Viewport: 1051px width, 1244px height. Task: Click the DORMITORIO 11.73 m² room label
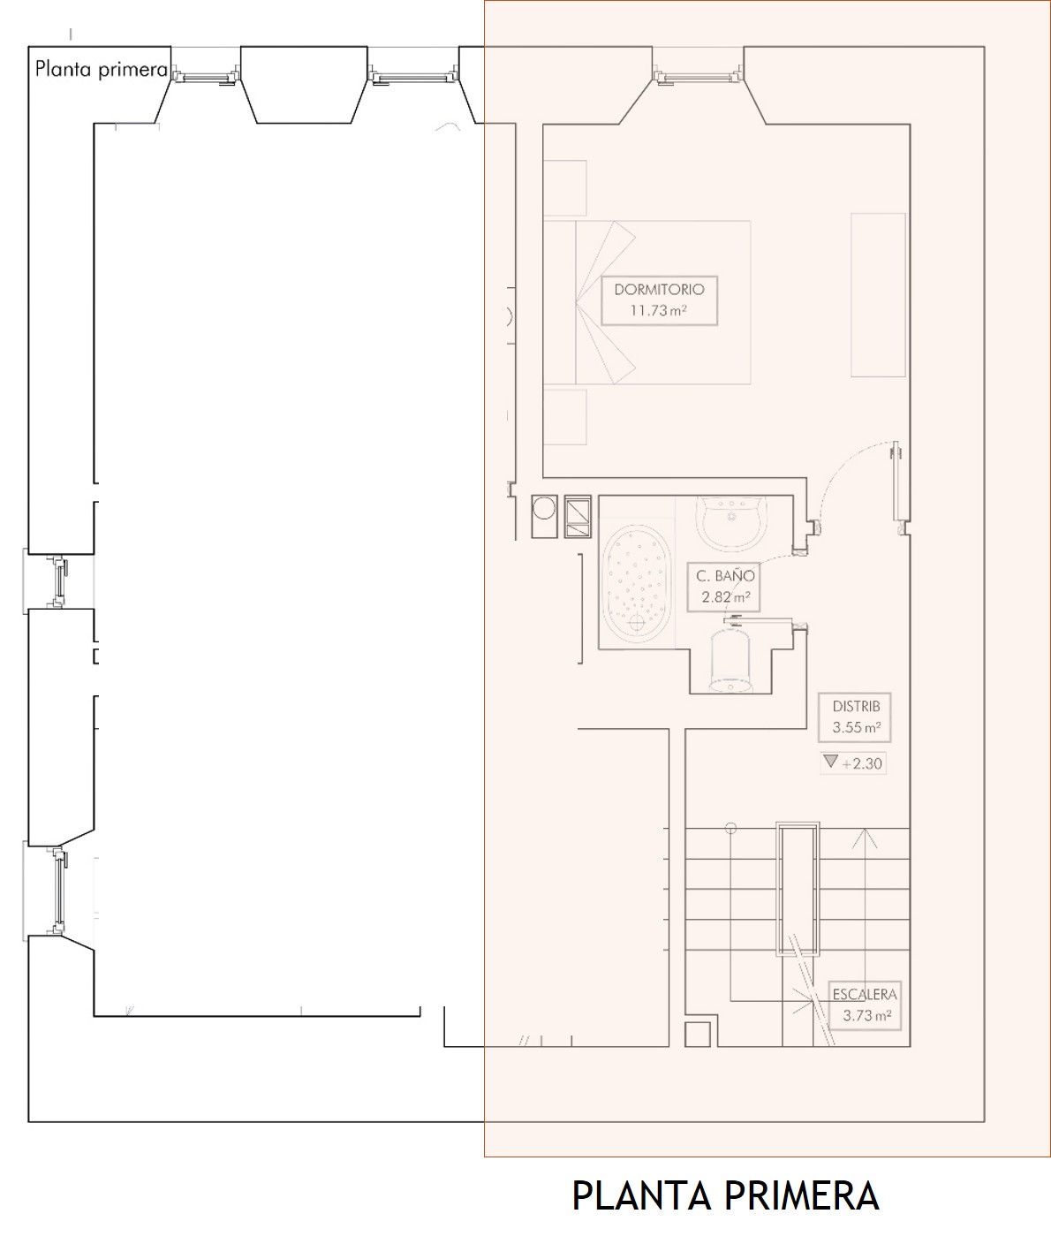pyautogui.click(x=659, y=300)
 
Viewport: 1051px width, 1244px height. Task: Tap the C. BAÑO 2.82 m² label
pyautogui.click(x=725, y=586)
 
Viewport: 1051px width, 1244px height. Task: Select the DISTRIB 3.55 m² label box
pyautogui.click(x=854, y=717)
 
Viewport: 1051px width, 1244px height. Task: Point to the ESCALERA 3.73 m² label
pyautogui.click(x=865, y=1005)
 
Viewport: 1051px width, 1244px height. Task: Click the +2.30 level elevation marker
pyautogui.click(x=853, y=763)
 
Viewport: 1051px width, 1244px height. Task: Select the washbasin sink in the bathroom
pyautogui.click(x=731, y=522)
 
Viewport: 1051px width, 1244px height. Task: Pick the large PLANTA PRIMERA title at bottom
pyautogui.click(x=725, y=1195)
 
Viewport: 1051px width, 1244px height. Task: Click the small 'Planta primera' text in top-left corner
pyautogui.click(x=101, y=69)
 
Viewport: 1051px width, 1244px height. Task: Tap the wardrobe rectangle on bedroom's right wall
pyautogui.click(x=878, y=295)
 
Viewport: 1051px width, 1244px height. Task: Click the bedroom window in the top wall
pyautogui.click(x=698, y=77)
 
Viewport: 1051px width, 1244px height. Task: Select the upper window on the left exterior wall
pyautogui.click(x=59, y=581)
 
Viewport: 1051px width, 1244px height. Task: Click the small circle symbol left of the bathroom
pyautogui.click(x=544, y=508)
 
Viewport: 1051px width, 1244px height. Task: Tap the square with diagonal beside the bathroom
pyautogui.click(x=578, y=516)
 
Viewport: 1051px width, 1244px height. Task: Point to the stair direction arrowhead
pyautogui.click(x=864, y=838)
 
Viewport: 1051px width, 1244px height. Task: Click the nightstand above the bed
pyautogui.click(x=565, y=188)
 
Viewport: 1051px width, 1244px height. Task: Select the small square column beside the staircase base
pyautogui.click(x=697, y=1034)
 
